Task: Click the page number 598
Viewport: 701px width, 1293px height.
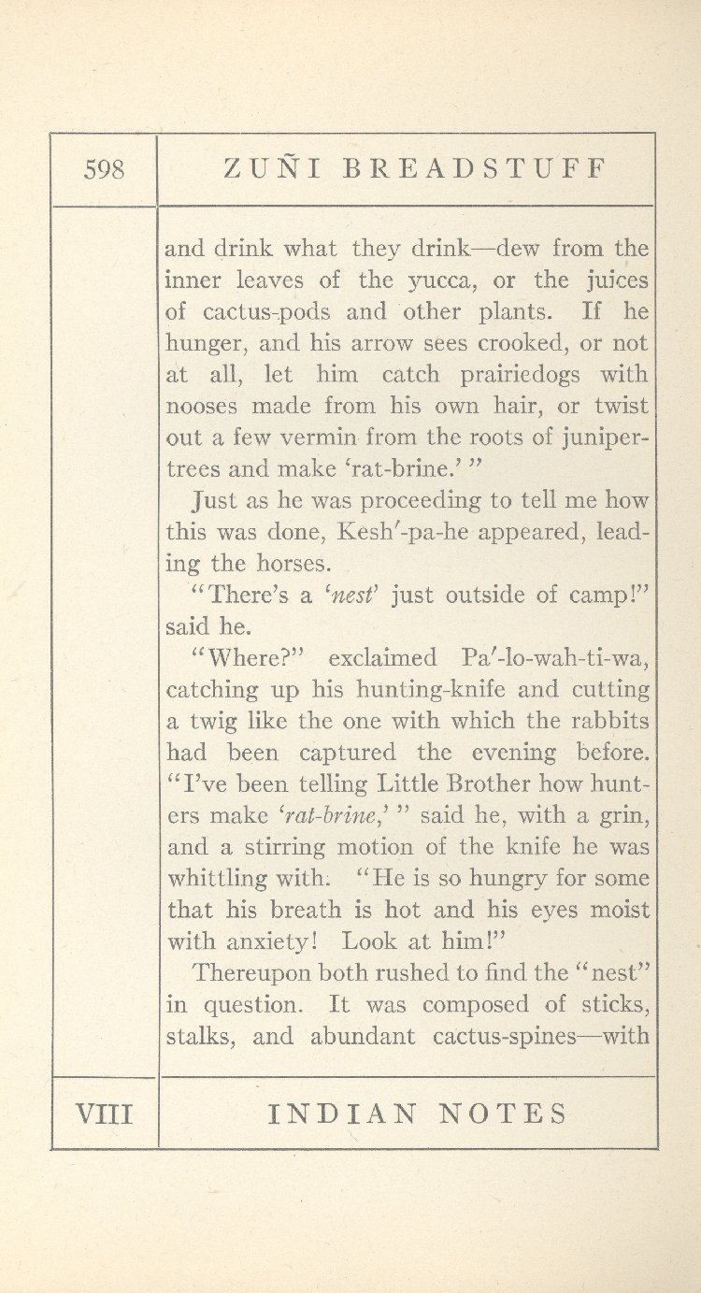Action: click(x=104, y=170)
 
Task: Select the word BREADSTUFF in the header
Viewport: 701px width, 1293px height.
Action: click(x=476, y=169)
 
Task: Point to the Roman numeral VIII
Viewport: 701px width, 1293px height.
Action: click(x=104, y=1113)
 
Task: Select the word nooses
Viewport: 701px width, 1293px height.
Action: click(x=200, y=407)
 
